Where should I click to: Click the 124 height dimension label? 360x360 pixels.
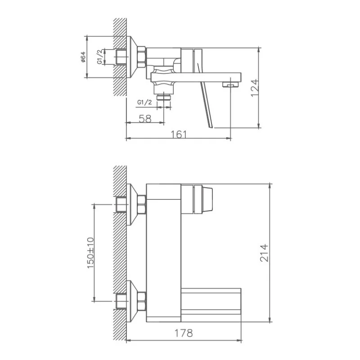point(255,88)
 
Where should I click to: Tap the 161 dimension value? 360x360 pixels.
point(179,135)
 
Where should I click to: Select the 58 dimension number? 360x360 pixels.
point(145,119)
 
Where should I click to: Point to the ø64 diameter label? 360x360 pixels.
point(83,57)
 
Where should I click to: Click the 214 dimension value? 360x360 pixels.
point(264,253)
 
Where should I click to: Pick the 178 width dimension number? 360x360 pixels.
point(184,333)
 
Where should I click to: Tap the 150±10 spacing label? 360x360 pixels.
point(90,253)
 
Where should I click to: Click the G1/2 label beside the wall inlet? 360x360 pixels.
point(99,57)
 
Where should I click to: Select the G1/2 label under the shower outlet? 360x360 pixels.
point(144,102)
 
